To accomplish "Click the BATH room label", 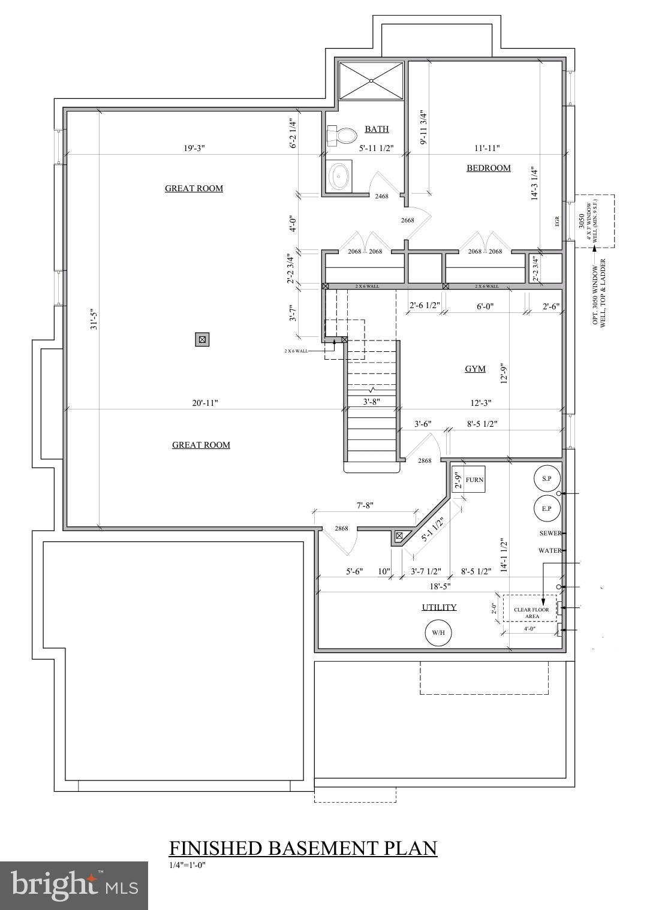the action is tap(377, 129).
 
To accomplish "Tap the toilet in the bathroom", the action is tap(341, 135).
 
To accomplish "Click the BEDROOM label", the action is tap(489, 168).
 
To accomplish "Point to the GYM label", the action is tap(475, 369).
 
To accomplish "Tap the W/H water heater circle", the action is tap(438, 632).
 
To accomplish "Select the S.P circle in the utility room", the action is tap(547, 478).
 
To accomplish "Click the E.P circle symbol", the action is tap(547, 508).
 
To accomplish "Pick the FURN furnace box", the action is tap(468, 480).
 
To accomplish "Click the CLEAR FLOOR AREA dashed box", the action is tap(530, 608).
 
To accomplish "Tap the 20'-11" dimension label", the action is tap(205, 403).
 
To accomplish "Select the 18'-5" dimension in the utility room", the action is tap(440, 586).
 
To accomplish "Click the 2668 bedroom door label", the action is tap(407, 220).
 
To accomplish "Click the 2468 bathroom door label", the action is tap(381, 196).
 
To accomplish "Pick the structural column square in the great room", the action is tap(203, 339).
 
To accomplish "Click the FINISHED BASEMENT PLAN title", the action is tap(303, 848).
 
